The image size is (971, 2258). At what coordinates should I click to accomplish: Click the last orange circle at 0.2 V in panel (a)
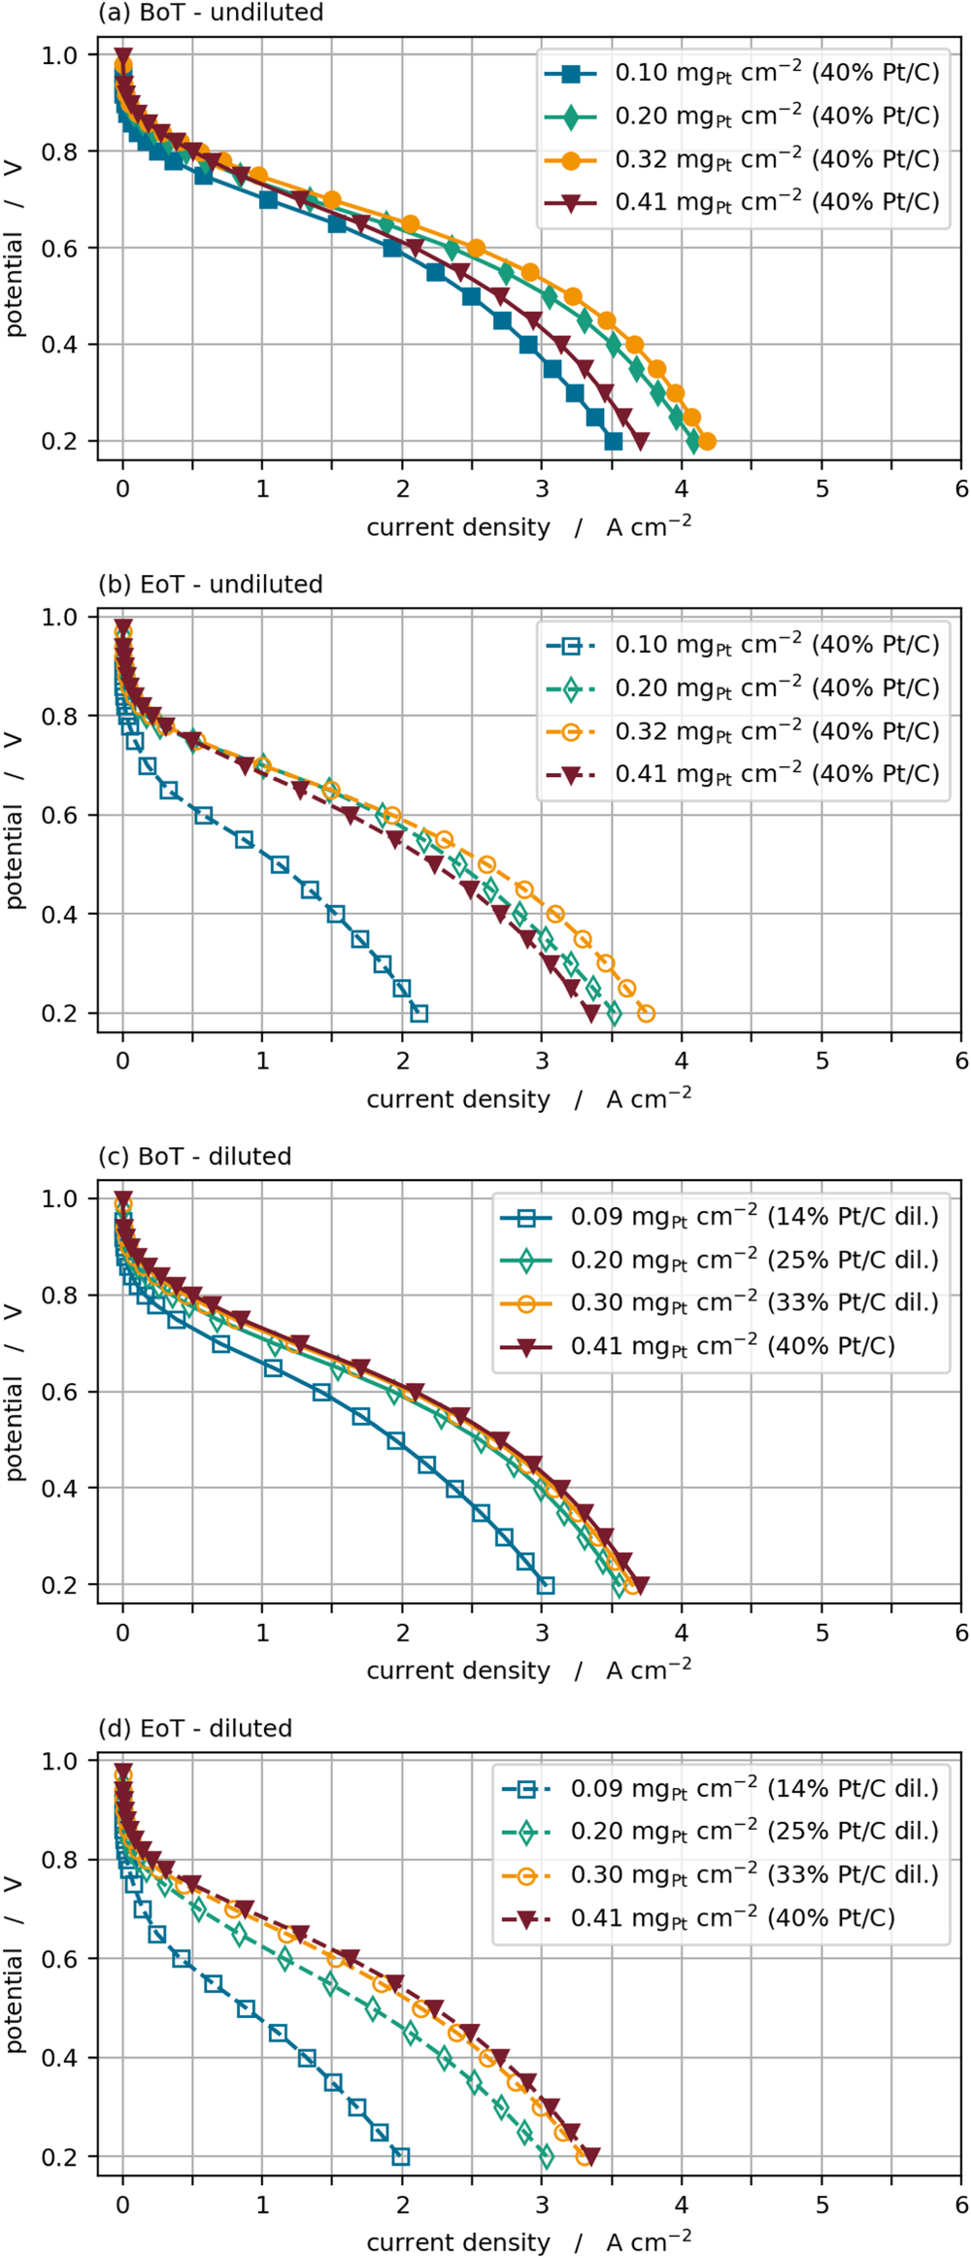pyautogui.click(x=707, y=442)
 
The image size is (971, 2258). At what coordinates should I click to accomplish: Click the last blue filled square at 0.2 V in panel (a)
pyautogui.click(x=613, y=442)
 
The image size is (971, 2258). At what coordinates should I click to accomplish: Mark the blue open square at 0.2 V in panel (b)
pyautogui.click(x=419, y=1013)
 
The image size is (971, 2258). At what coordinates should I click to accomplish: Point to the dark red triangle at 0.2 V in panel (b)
pyautogui.click(x=590, y=1013)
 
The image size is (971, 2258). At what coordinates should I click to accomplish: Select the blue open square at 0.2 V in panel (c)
pyautogui.click(x=546, y=1585)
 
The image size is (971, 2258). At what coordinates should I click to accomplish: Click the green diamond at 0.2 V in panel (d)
pyautogui.click(x=546, y=2157)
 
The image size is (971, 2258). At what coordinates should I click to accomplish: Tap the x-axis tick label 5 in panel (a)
pyautogui.click(x=821, y=489)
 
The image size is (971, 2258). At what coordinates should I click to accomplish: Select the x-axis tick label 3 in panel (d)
pyautogui.click(x=542, y=2205)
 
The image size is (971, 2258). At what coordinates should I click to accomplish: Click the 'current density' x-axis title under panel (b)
pyautogui.click(x=458, y=1099)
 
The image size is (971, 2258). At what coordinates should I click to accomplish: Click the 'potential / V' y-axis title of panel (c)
pyautogui.click(x=14, y=1392)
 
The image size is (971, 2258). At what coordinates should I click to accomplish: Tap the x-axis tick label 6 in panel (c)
pyautogui.click(x=961, y=1633)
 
